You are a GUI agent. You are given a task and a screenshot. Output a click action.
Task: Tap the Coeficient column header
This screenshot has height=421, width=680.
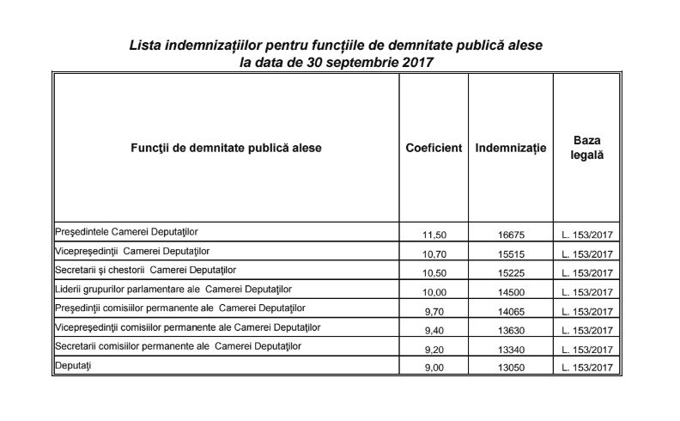tap(434, 148)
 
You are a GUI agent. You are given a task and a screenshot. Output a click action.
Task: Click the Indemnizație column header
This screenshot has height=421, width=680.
tap(510, 148)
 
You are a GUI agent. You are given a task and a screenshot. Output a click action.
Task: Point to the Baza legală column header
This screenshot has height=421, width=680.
tap(587, 147)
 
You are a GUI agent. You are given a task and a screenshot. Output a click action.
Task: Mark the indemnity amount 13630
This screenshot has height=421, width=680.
tap(510, 330)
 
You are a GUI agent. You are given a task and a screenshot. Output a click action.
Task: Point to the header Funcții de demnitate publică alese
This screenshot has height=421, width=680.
tap(226, 148)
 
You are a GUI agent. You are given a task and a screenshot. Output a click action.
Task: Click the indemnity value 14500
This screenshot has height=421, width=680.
tap(510, 292)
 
